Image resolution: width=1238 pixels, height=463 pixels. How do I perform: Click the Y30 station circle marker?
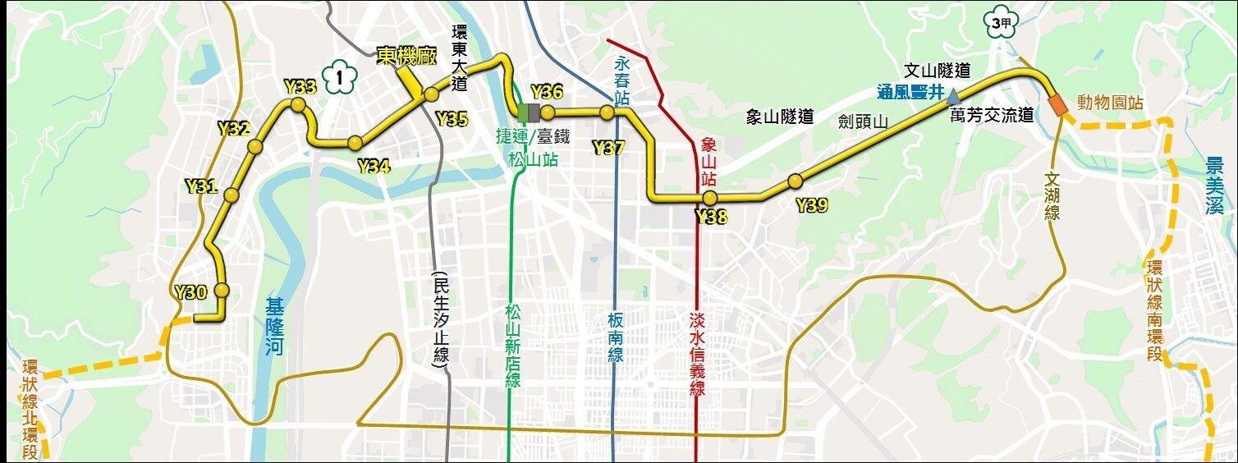tap(221, 291)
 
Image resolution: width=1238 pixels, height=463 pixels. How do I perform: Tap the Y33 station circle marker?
tap(297, 105)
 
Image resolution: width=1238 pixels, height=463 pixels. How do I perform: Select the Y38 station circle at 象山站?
tap(710, 198)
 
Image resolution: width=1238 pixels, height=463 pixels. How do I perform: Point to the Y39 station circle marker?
tap(794, 181)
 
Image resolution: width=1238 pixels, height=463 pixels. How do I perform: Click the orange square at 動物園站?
tap(1057, 105)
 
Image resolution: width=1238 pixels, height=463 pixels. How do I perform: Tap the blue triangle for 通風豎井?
tap(953, 96)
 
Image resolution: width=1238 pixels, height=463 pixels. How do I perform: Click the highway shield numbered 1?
tap(340, 79)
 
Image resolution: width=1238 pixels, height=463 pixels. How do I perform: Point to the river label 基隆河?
tap(274, 327)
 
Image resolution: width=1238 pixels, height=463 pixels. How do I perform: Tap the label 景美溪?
tap(1215, 186)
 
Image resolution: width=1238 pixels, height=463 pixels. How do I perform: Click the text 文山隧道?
tap(937, 71)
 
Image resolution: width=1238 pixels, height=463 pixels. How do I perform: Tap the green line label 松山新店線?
tap(514, 346)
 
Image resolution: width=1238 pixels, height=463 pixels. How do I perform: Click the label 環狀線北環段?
tap(30, 410)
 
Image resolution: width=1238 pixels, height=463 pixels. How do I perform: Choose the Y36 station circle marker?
tap(548, 112)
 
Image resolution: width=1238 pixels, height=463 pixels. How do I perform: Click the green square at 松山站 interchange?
tap(523, 112)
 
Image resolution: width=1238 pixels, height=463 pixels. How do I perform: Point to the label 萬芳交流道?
tap(992, 116)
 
